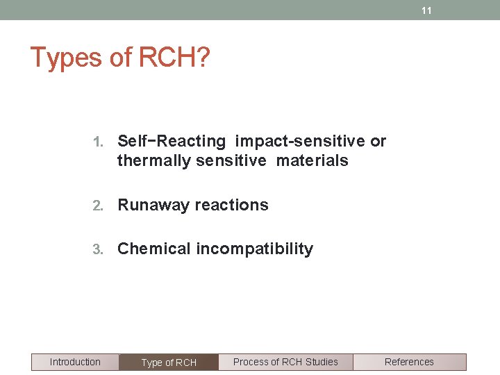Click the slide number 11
(x=426, y=10)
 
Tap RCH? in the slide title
(x=174, y=58)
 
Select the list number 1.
(x=97, y=142)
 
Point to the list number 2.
(x=97, y=206)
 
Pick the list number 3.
(x=97, y=249)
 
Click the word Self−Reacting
(x=172, y=142)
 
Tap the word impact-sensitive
(x=300, y=142)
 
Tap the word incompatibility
(x=254, y=249)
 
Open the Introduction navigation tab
(x=75, y=362)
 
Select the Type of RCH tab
(x=169, y=362)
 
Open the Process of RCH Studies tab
(x=285, y=362)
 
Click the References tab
(x=409, y=362)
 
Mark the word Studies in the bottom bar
(x=322, y=362)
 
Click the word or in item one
(x=378, y=142)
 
